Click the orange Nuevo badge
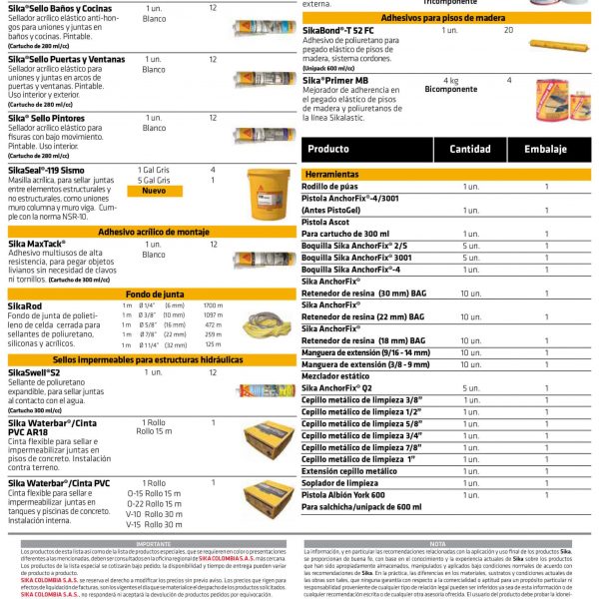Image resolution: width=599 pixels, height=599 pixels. point(154,191)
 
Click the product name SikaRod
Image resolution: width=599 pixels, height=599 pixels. point(25,305)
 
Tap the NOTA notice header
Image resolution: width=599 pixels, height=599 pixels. point(438,544)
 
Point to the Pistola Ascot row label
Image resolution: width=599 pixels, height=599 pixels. point(325,221)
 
